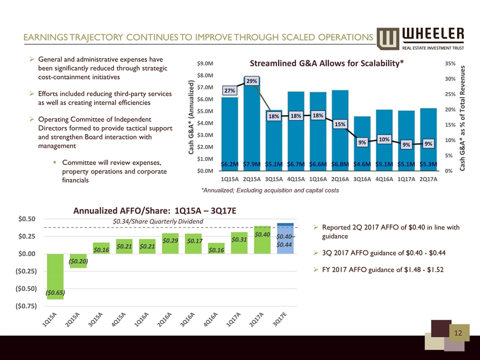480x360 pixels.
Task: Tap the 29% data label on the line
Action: point(252,80)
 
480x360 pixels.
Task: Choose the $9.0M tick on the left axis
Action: point(206,63)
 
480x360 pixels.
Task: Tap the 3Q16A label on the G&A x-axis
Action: point(362,178)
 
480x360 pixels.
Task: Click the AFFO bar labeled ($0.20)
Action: point(78,260)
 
